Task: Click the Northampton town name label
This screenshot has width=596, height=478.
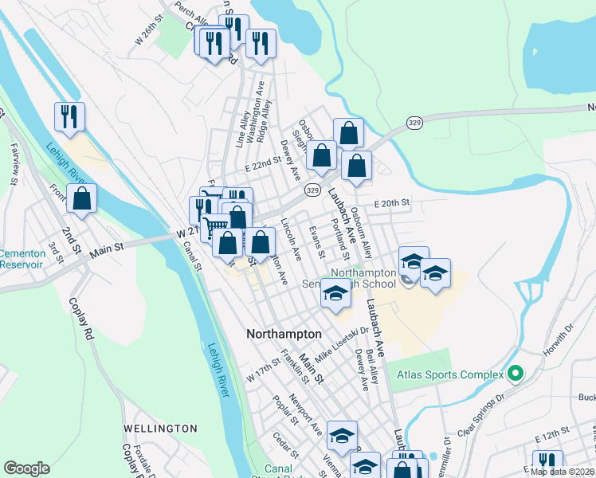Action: coord(284,335)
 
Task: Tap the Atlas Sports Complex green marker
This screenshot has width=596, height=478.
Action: coord(515,372)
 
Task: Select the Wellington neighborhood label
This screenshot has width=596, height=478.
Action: coord(160,429)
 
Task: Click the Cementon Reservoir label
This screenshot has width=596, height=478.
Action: coord(22,259)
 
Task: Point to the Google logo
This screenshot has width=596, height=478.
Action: coord(26,468)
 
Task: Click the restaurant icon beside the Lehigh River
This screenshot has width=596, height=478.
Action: coord(69,118)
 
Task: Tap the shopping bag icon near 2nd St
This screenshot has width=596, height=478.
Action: coord(81,199)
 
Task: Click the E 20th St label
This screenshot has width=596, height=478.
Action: coord(390,203)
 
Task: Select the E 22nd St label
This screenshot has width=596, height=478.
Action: coord(265,163)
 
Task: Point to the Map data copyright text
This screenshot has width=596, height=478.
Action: coord(563,471)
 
